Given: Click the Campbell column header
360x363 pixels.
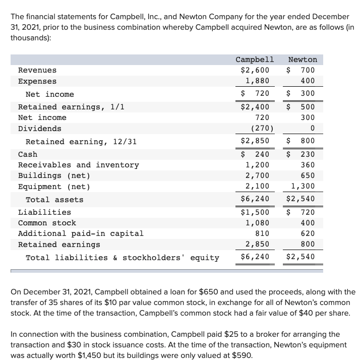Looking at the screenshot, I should pyautogui.click(x=255, y=59).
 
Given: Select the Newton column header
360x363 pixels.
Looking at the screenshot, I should pyautogui.click(x=303, y=59).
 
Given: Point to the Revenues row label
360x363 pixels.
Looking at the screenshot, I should pyautogui.click(x=37, y=70).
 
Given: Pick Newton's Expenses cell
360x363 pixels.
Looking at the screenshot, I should pyautogui.click(x=307, y=81).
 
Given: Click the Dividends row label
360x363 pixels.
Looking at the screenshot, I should pyautogui.click(x=39, y=129).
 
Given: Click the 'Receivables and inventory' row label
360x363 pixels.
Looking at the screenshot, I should pyautogui.click(x=78, y=165).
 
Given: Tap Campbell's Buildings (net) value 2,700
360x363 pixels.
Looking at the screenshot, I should pyautogui.click(x=257, y=175).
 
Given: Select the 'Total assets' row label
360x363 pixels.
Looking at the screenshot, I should pyautogui.click(x=54, y=200).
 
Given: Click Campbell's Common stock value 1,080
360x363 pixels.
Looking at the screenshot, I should pyautogui.click(x=257, y=223).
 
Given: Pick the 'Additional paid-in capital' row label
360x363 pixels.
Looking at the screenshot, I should pyautogui.click(x=81, y=233).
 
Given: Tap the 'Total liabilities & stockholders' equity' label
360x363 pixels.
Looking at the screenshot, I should pyautogui.click(x=123, y=258).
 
